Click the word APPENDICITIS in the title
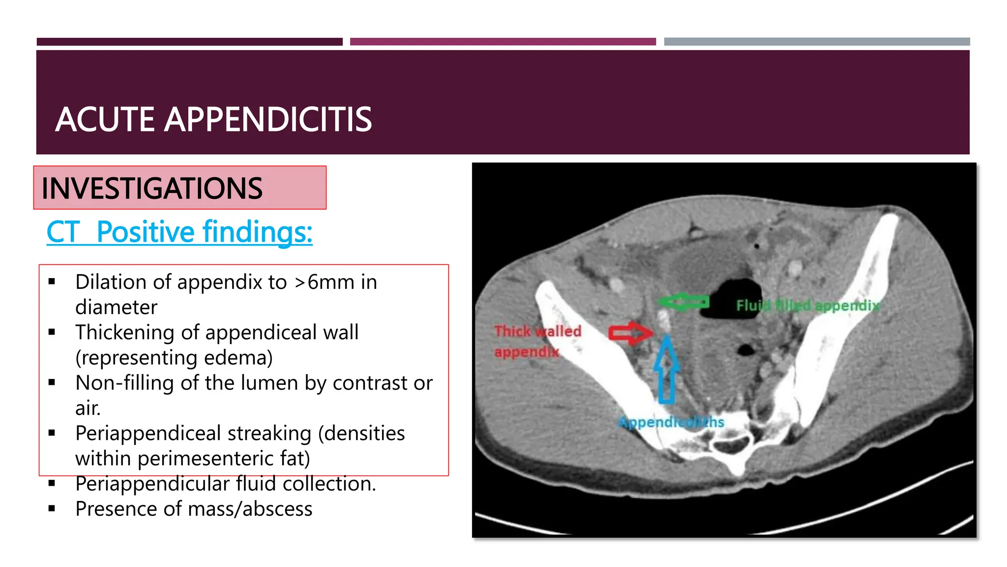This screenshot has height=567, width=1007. pyautogui.click(x=267, y=120)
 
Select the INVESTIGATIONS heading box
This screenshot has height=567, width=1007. pyautogui.click(x=179, y=188)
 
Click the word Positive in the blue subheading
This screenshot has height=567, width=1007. pyautogui.click(x=145, y=232)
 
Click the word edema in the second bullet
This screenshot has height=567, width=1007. pyautogui.click(x=235, y=357)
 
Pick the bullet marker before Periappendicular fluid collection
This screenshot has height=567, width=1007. pyautogui.click(x=52, y=483)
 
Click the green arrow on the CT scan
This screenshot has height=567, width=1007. pyautogui.click(x=683, y=302)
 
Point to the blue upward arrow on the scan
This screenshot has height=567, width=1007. pyautogui.click(x=666, y=369)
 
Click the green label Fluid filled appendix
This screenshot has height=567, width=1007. pyautogui.click(x=807, y=306)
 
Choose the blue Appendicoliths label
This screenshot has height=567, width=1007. pyautogui.click(x=671, y=422)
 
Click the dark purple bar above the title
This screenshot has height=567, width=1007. pyautogui.click(x=189, y=42)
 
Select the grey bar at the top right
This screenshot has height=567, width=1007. pyautogui.click(x=817, y=42)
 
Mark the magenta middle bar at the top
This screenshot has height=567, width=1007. pyautogui.click(x=503, y=42)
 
